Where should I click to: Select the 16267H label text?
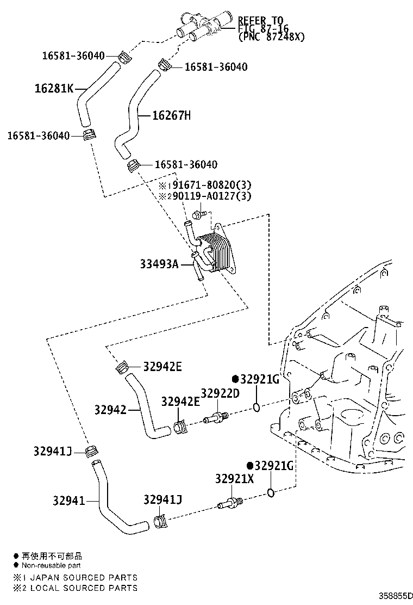(172, 115)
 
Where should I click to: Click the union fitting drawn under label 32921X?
(230, 502)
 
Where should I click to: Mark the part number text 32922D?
(220, 393)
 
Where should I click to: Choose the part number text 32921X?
(234, 479)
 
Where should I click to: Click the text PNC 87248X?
(271, 37)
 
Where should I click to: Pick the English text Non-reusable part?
(51, 566)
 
